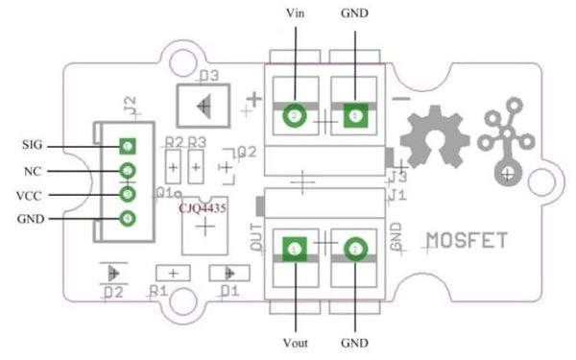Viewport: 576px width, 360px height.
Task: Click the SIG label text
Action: click(x=32, y=147)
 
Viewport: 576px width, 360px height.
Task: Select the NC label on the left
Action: click(x=32, y=171)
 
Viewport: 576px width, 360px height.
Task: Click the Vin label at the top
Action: click(x=295, y=13)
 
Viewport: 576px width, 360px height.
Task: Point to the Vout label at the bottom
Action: click(x=294, y=343)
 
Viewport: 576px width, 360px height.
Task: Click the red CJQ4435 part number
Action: click(x=204, y=205)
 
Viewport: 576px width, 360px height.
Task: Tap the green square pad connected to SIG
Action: click(x=127, y=147)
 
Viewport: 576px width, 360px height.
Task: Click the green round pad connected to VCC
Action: click(x=127, y=195)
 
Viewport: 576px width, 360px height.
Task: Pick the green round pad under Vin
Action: click(x=294, y=117)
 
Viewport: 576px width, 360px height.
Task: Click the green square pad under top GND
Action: click(x=355, y=117)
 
